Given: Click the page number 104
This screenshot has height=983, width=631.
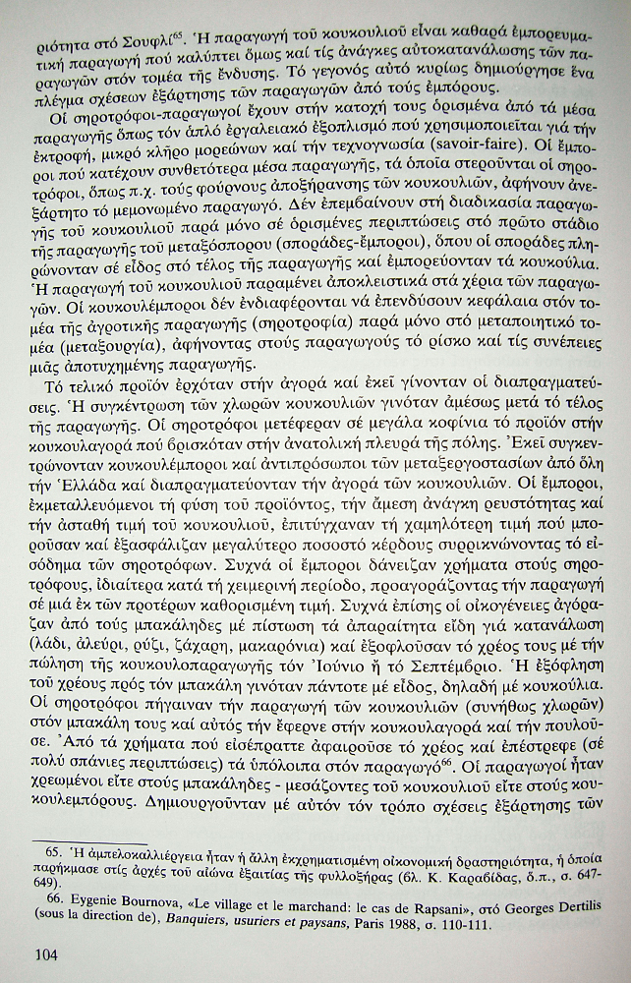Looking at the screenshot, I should point(49,953).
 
